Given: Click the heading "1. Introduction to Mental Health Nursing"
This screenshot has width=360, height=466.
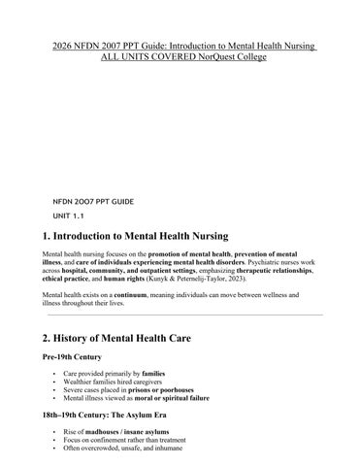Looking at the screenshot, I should coord(136,236).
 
